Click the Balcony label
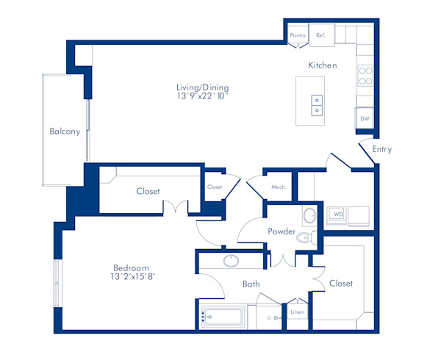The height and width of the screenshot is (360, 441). (65, 132)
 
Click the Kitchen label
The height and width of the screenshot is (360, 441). (322, 65)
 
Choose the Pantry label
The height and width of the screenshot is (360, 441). (298, 35)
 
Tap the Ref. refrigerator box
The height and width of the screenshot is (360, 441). (320, 35)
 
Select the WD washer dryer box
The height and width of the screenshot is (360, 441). (338, 214)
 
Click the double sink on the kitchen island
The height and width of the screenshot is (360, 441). (318, 106)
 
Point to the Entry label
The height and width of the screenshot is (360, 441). (381, 149)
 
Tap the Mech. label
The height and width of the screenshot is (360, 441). (278, 187)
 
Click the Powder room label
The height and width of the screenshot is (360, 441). (282, 231)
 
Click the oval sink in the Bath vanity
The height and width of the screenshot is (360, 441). (232, 260)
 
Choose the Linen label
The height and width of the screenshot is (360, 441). (297, 312)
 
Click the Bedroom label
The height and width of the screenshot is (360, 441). (131, 267)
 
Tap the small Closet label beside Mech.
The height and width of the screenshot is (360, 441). (214, 187)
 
